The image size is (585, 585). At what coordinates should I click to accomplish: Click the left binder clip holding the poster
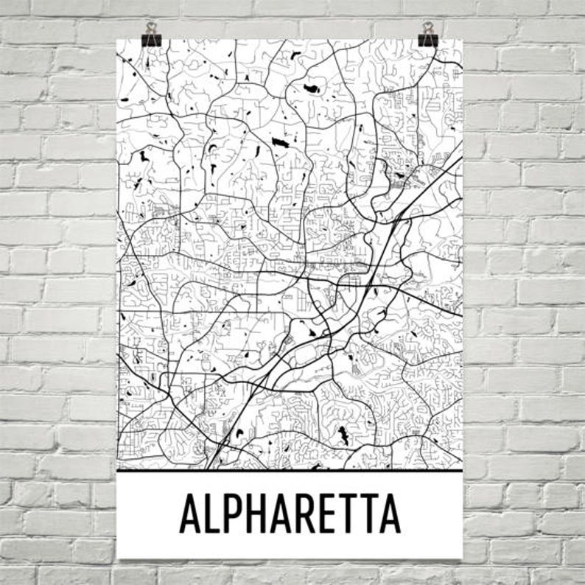click(x=152, y=38)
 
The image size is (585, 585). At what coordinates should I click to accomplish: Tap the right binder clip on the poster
click(x=427, y=38)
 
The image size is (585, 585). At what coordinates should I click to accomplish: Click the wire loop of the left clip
click(x=152, y=29)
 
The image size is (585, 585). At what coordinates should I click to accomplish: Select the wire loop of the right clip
click(x=427, y=29)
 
